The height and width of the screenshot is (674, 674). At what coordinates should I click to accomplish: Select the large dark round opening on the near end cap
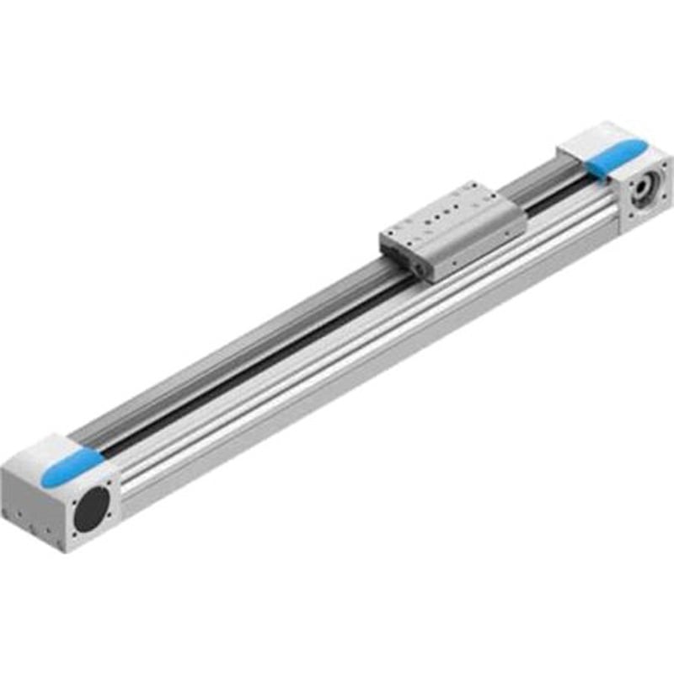(92, 508)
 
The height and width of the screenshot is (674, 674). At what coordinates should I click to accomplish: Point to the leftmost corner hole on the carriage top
(389, 227)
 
